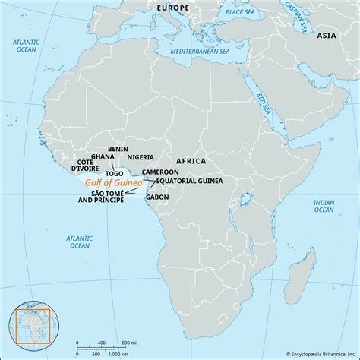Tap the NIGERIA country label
pos(140,157)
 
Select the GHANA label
pos(103,157)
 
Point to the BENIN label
pos(118,149)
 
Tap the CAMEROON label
pos(160,172)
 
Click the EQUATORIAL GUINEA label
pos(189,182)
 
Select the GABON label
pos(157,197)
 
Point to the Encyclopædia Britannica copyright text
pos(311,354)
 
